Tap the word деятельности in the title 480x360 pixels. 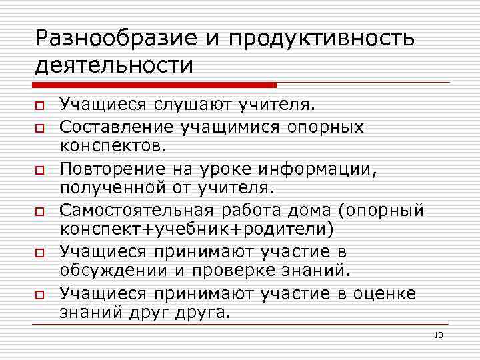[114, 65]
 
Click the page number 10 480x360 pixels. [438, 335]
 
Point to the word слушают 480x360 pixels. [193, 104]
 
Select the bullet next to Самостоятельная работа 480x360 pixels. [40, 211]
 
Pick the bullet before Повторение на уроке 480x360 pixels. [40, 169]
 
